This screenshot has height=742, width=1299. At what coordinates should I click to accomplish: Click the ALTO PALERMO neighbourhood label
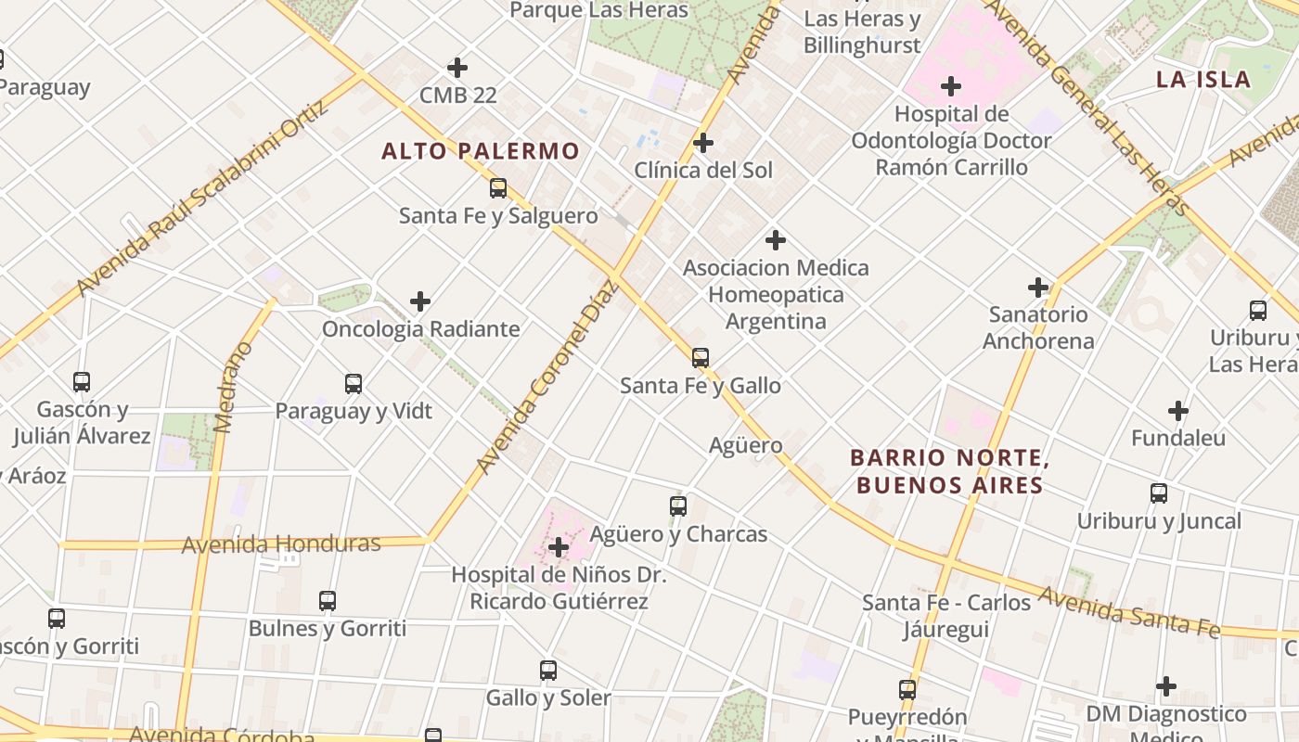point(481,151)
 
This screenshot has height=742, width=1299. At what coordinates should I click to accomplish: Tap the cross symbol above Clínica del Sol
point(703,143)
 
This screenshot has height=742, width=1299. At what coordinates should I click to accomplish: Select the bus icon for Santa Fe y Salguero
point(498,188)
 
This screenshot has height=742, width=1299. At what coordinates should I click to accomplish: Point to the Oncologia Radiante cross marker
point(420,301)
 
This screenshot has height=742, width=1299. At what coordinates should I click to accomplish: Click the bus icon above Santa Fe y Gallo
point(701,358)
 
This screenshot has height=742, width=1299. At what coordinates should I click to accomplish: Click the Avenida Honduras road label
point(281,544)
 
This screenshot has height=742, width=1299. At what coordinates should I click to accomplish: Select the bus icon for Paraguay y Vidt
point(354,384)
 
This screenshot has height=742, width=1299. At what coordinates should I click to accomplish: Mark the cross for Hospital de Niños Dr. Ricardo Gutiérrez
point(559,547)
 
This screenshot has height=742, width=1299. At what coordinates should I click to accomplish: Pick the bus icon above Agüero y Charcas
point(678,506)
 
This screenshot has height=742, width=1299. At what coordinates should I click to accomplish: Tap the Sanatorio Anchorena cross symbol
point(1038,288)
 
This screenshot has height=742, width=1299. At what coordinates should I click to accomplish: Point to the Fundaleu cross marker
point(1178,410)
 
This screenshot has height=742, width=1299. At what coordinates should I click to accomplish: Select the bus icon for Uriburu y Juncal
point(1159,493)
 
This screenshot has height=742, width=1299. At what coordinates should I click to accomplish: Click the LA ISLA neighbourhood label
point(1203,80)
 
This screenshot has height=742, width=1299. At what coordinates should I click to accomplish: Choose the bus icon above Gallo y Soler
point(548,671)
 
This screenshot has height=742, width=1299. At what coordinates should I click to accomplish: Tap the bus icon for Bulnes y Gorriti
point(328,601)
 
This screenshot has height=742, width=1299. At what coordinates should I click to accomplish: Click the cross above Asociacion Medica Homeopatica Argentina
point(776,241)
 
